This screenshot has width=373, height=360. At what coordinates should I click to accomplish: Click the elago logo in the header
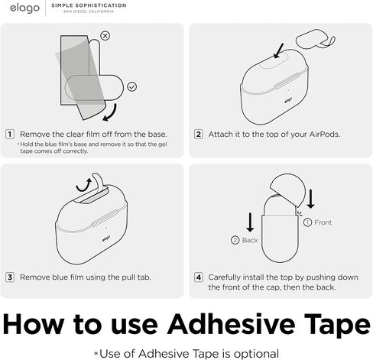24,8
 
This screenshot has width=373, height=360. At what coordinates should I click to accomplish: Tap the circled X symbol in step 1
105,36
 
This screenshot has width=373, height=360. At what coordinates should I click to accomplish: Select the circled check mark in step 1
131,87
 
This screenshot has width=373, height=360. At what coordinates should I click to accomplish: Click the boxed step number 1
10,134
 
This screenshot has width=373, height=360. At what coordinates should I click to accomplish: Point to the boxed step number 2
199,134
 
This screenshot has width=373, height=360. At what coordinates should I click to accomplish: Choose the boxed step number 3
10,277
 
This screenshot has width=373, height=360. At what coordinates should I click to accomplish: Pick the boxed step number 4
199,277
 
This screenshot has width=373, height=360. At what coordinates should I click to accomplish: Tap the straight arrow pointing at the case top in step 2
278,51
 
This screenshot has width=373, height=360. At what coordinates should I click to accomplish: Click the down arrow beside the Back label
250,222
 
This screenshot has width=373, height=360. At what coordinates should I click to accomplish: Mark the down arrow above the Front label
310,199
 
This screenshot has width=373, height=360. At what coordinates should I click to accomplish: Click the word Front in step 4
323,222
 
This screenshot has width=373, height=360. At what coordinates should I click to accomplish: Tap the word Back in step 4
250,240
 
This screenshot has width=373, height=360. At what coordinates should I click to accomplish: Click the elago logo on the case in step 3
106,238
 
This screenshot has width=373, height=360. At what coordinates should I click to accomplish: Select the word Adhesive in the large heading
231,324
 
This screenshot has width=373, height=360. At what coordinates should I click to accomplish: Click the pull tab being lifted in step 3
98,181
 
